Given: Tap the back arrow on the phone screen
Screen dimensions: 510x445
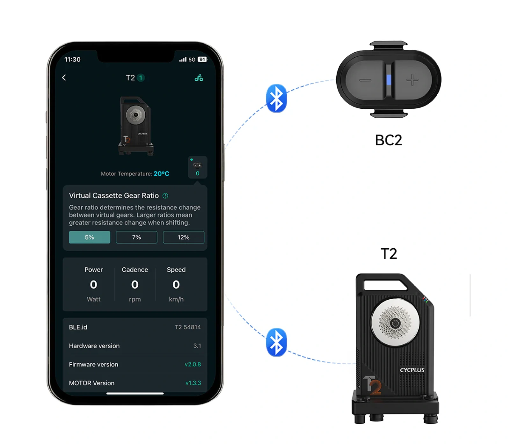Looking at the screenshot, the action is (x=64, y=78).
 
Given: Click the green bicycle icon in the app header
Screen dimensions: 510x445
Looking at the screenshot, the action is (x=199, y=78).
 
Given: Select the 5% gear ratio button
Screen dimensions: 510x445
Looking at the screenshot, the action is (x=90, y=237).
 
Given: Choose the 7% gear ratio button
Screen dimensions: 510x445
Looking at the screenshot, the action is (x=136, y=237).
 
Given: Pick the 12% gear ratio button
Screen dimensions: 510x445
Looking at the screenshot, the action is (x=184, y=237).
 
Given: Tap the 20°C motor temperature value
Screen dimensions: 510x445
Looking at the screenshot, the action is (x=161, y=174).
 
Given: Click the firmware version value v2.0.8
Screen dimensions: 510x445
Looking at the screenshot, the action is (x=193, y=364).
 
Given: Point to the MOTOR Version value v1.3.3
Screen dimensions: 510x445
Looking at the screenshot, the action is (x=193, y=383).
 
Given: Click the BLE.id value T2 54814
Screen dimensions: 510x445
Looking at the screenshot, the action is (x=188, y=327).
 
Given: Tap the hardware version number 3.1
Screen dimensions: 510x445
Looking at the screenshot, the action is (x=197, y=346).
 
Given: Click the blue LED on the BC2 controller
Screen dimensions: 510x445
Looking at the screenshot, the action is (x=389, y=80).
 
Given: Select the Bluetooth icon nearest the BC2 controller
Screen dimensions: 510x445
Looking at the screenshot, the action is (x=276, y=98).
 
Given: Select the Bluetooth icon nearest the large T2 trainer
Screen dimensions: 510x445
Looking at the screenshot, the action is (x=276, y=342).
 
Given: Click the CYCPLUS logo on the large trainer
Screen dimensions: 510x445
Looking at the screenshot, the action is (x=412, y=370).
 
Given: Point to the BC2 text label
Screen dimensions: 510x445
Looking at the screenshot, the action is (x=389, y=140).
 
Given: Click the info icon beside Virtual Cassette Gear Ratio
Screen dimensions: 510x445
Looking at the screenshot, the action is (x=165, y=196).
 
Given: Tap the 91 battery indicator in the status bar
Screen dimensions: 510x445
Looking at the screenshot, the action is (x=202, y=59).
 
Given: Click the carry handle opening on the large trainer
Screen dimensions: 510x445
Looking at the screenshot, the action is (x=385, y=285).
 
